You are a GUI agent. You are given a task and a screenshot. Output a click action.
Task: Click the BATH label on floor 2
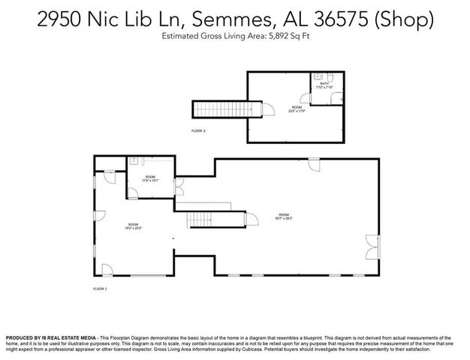click(x=324, y=83)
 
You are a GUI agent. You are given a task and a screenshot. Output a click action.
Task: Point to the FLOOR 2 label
click(x=198, y=130)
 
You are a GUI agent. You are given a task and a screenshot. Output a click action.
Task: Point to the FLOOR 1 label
click(x=101, y=288)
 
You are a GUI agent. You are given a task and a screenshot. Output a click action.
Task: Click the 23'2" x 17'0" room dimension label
click(x=296, y=109)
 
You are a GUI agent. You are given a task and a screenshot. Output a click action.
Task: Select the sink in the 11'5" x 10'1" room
click(x=132, y=160)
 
